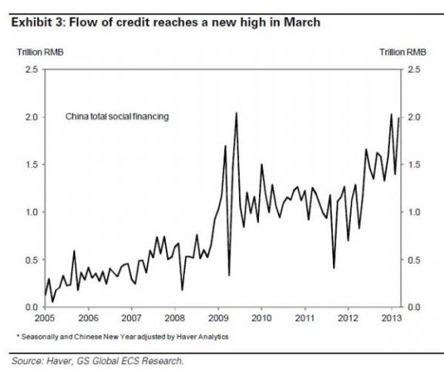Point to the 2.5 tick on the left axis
tap(31, 69)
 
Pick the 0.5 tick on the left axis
tap(31, 259)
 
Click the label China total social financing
tap(117, 116)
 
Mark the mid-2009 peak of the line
tap(235, 113)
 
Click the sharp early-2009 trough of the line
tap(229, 274)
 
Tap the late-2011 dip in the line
tap(334, 267)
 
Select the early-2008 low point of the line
tap(182, 289)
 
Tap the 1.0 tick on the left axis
tap(31, 212)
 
